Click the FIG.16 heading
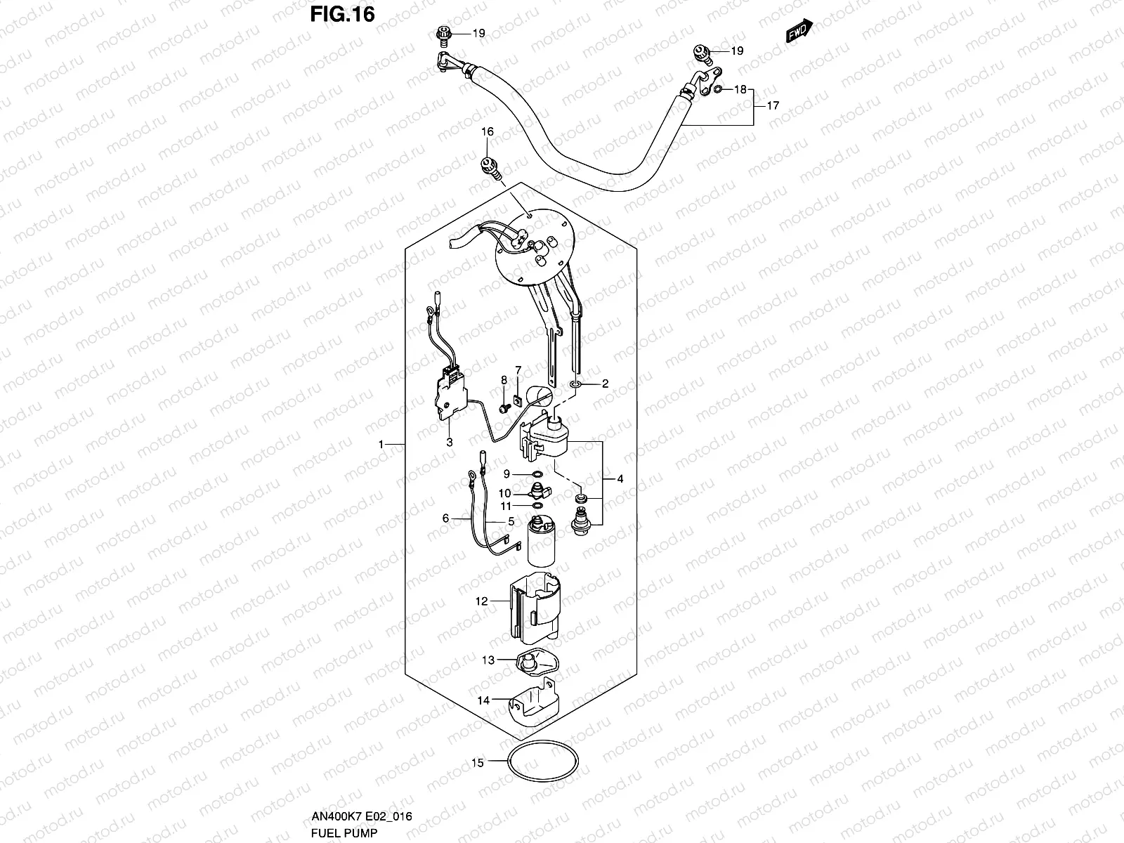click(343, 14)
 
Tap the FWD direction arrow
click(800, 31)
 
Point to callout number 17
click(773, 107)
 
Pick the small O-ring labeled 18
click(718, 89)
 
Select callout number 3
click(449, 442)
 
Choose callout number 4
click(620, 479)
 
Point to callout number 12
click(481, 601)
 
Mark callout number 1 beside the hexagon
click(381, 445)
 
